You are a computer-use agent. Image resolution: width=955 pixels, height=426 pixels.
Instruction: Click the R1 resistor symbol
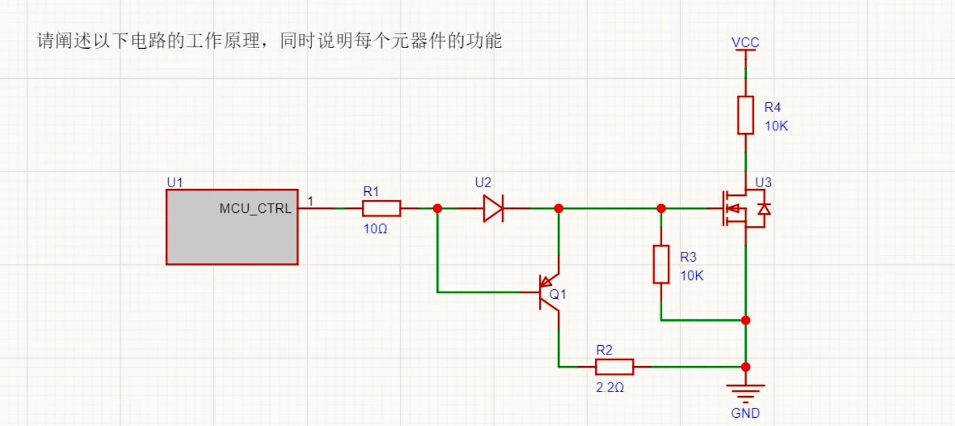coord(381,208)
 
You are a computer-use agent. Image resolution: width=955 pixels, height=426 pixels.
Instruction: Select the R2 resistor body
coord(614,367)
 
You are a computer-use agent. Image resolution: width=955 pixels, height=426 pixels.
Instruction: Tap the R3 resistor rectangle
coord(661,265)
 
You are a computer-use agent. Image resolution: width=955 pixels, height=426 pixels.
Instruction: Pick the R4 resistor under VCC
coord(745,115)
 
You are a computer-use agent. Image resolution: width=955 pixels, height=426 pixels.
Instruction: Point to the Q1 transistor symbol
coord(548,293)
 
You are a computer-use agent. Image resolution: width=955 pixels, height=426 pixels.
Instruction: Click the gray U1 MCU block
coord(232,227)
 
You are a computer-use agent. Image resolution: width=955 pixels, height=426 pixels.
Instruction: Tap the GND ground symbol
coord(745,393)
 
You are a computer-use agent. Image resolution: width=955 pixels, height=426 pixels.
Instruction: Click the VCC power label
coord(745,43)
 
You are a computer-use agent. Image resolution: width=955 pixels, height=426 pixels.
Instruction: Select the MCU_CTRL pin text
coord(255,208)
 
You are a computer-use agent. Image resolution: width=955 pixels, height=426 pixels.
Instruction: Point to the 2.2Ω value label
coord(609,388)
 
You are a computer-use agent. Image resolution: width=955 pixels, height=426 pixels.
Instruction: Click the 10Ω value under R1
coord(375,229)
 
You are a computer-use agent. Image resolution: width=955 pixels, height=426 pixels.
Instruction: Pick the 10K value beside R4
coord(776,126)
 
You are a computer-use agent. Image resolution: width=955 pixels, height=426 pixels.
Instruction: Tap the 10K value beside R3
coord(692,276)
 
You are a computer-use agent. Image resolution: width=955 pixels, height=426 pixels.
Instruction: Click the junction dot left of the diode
coord(438,208)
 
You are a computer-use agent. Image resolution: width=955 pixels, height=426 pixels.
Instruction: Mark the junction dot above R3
coord(661,208)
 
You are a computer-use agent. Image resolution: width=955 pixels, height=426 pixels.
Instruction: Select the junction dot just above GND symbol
coord(746,367)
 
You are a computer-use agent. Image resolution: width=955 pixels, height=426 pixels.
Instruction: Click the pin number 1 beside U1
coord(310,201)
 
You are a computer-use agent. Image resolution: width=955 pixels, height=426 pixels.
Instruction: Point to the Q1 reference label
coord(558,294)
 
